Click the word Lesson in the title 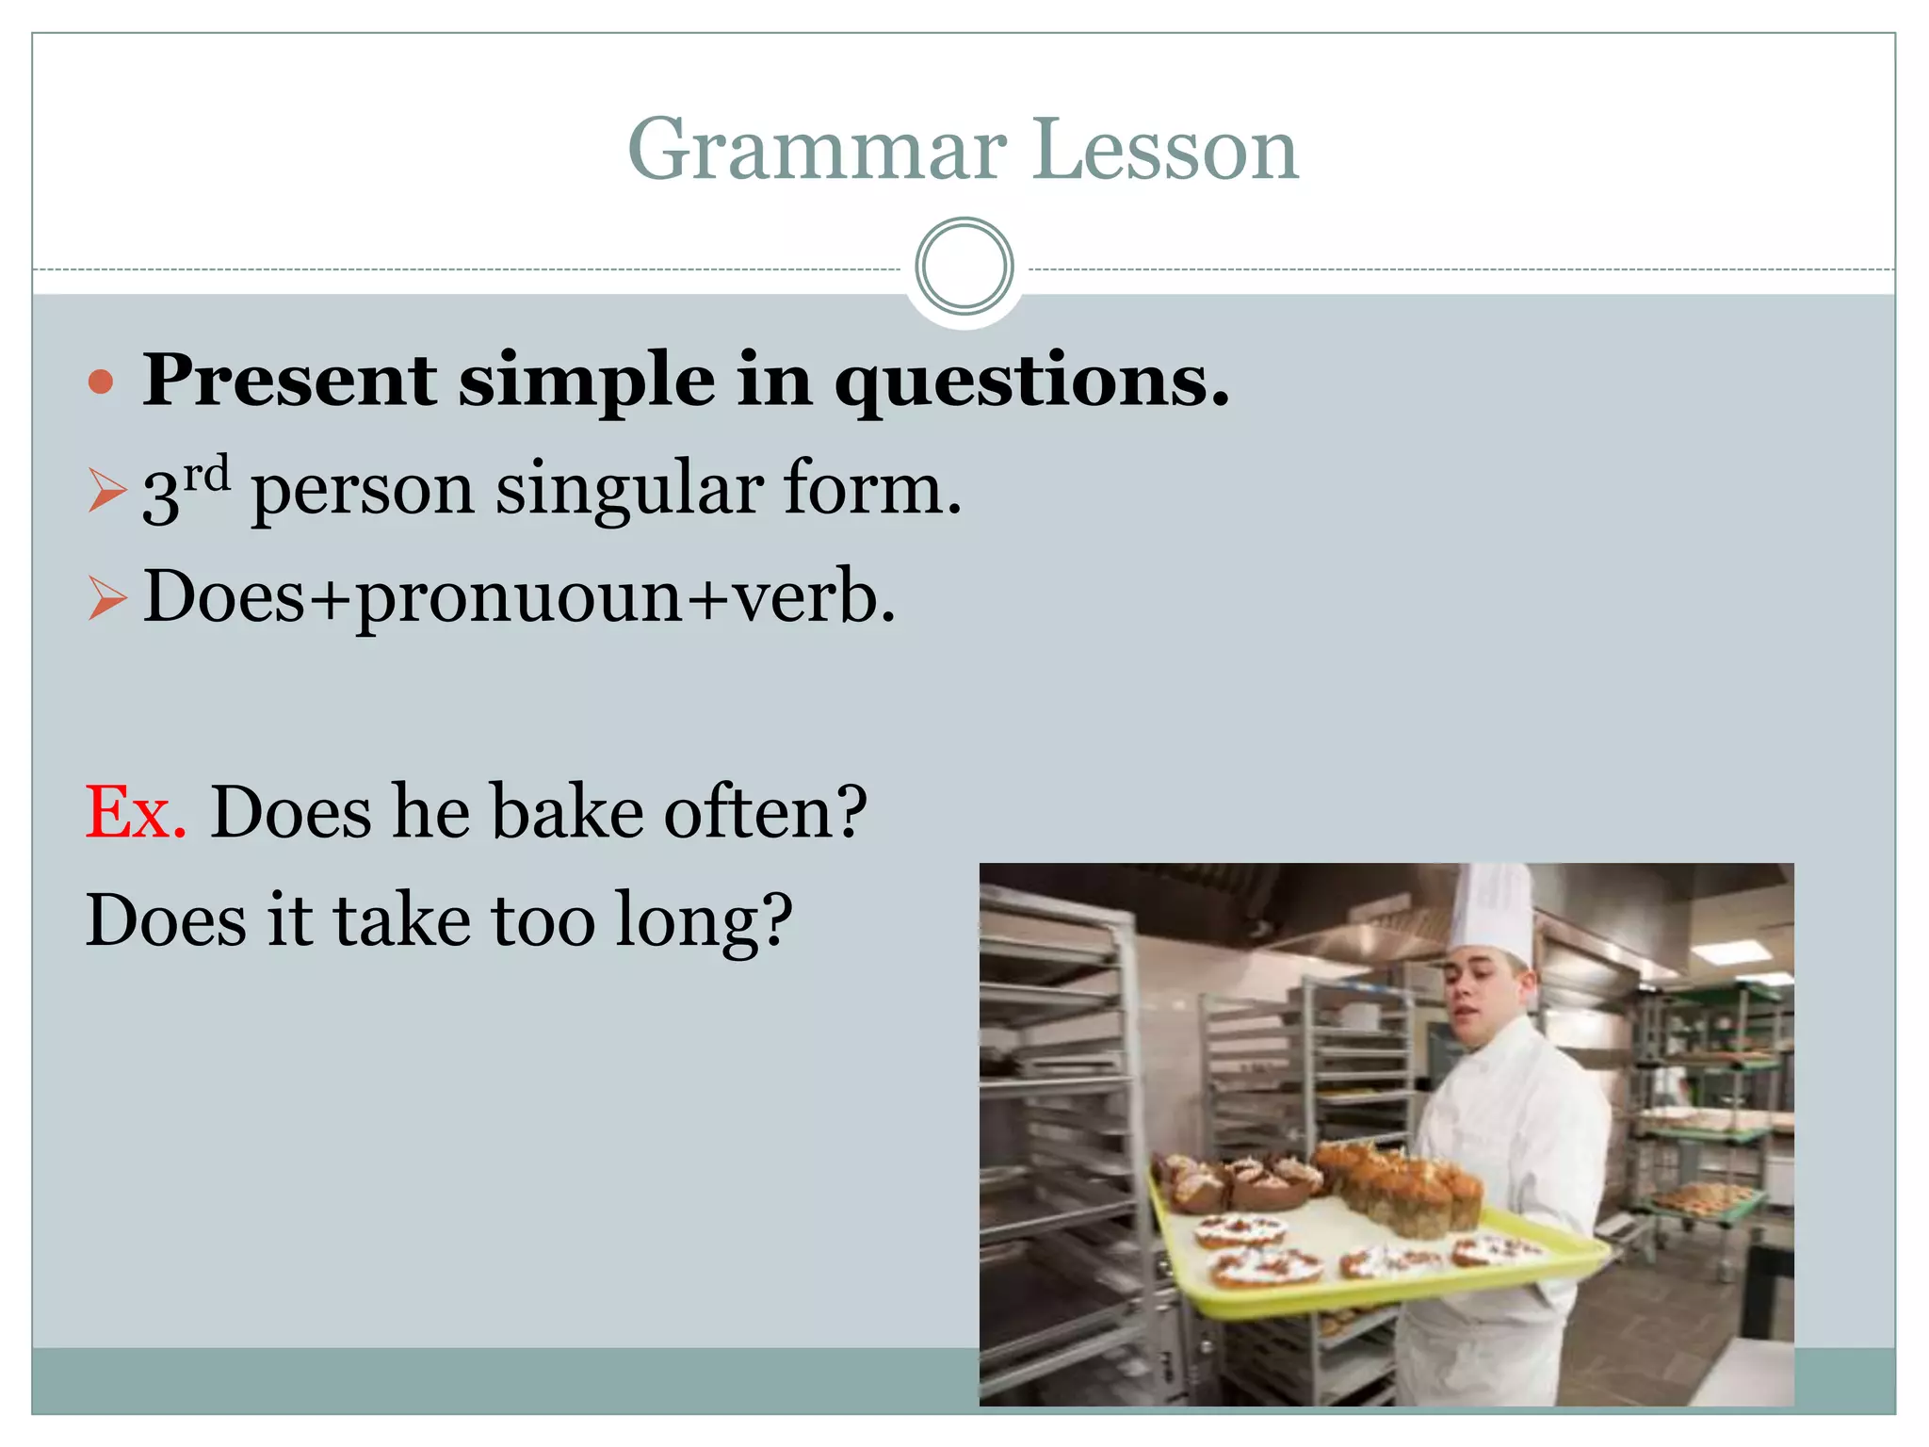[1165, 151]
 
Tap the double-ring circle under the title [964, 267]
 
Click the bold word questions [1032, 382]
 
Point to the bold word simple [586, 382]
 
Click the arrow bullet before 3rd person [106, 491]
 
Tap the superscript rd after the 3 [206, 473]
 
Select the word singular [629, 490]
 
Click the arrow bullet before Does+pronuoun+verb [106, 598]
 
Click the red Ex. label [136, 812]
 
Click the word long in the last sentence [703, 921]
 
